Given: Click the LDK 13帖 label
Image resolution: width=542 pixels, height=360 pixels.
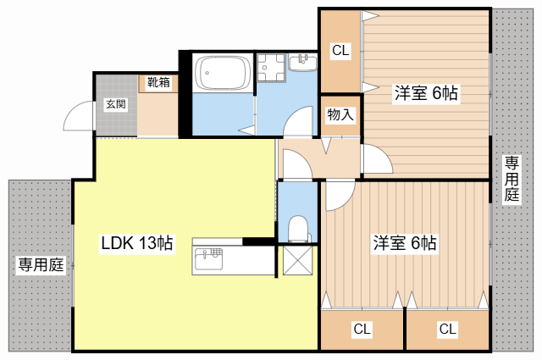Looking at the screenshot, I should point(137,243).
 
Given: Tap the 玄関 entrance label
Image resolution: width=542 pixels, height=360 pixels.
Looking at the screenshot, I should point(115,104).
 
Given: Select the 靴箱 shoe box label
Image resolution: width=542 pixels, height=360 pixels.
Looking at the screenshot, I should point(158,83).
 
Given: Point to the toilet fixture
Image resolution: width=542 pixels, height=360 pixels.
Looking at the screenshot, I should point(297,228).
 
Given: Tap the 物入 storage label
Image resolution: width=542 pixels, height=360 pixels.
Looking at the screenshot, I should point(340,115).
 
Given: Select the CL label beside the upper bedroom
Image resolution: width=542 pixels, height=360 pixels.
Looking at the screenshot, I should point(340,51).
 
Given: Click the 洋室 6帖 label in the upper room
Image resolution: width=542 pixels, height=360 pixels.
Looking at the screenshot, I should point(425,94).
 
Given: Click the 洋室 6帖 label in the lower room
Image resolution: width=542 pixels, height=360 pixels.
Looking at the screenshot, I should point(405,243).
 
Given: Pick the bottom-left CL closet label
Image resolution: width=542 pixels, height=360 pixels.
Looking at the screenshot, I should point(362,329).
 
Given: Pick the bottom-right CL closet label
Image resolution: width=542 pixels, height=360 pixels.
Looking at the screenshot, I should point(448,329).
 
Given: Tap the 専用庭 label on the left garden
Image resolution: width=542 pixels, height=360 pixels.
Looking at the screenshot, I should point(41,264).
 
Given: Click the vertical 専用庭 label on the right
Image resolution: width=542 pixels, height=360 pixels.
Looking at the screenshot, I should point(512,178).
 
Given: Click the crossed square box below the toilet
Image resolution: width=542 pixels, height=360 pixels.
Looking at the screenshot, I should point(297,261).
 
